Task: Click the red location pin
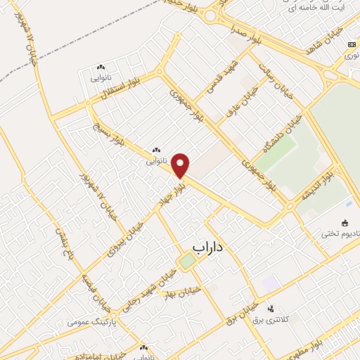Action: click(181, 165)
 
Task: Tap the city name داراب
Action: click(207, 248)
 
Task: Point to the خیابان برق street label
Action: click(224, 314)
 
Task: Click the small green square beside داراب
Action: click(186, 262)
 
